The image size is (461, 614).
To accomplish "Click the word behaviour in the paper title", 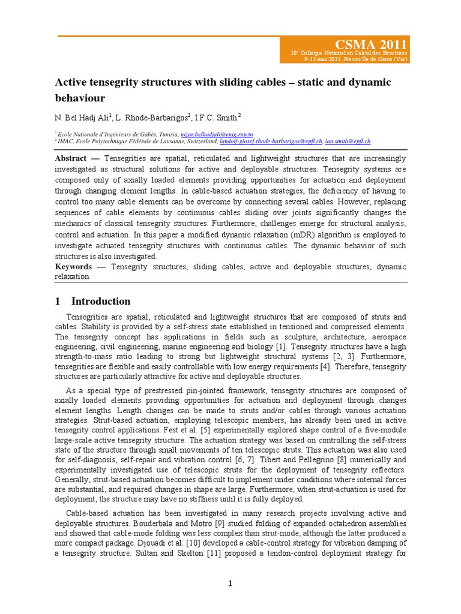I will (80, 97).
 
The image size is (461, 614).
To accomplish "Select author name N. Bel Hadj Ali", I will (81, 116).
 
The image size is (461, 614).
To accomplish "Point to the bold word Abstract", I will (71, 158).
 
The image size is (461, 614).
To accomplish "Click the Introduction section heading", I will (101, 301).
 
